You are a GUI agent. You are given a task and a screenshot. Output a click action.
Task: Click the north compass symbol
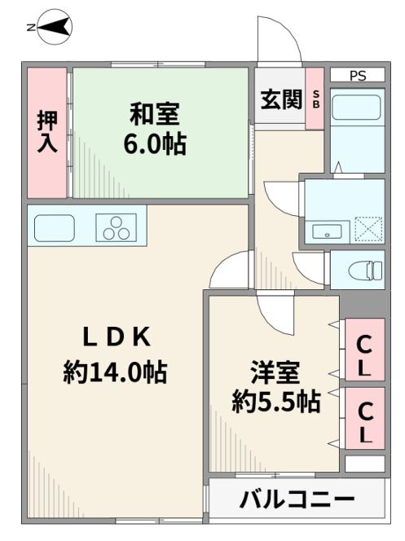pos(55,27)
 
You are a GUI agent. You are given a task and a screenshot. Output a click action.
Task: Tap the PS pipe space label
pos(358,76)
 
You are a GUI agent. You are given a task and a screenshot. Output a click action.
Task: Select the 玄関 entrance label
pos(281,99)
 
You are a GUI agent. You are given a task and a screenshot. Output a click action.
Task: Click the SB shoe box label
pos(315,99)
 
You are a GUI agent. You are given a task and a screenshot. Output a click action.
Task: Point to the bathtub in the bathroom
pos(358,108)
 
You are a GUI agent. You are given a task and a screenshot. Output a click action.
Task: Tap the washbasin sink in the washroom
pos(327,231)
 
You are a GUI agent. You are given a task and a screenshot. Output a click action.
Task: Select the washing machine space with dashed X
pos(368,229)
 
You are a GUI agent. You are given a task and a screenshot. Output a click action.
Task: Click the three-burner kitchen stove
pos(117,227)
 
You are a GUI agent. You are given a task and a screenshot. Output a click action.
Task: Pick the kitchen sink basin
pos(55,228)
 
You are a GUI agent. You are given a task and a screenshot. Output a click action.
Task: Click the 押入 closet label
pos(47,131)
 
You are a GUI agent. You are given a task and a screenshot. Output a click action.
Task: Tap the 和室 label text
pos(155,113)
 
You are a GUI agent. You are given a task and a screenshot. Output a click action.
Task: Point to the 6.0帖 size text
pos(156,143)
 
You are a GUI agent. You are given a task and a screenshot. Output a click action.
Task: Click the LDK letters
pos(117,337)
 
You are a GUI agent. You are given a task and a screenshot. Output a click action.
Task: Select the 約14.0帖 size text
pos(115,372)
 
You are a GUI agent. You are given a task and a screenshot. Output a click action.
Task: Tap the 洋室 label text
pos(275,372)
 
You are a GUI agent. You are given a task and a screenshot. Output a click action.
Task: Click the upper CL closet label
pos(364,356)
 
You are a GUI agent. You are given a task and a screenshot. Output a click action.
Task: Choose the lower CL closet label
pos(365,423)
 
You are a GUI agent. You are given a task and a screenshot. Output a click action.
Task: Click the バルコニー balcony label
pos(297,499)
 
